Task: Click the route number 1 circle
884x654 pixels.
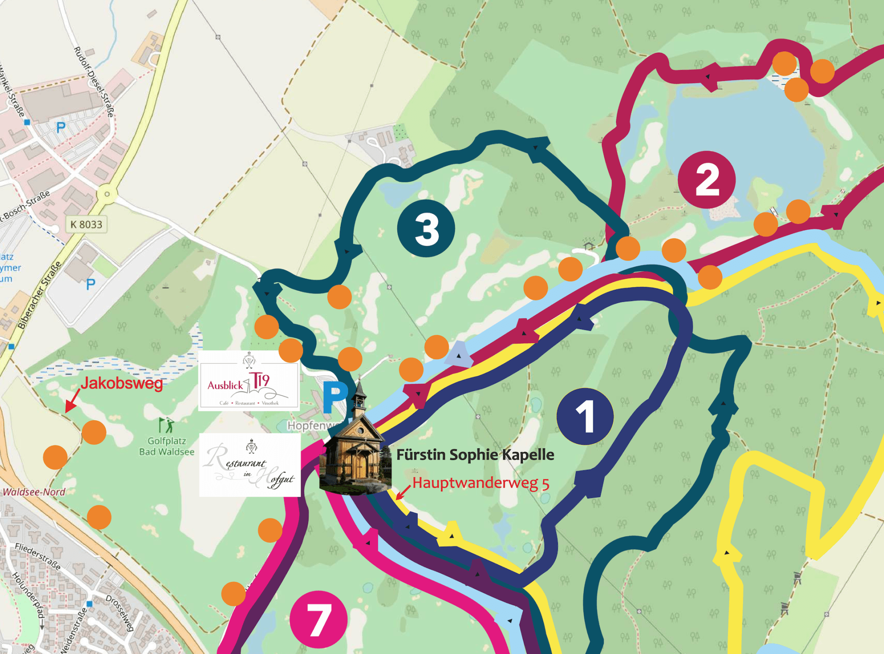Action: (585, 416)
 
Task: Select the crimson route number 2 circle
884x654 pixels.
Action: (707, 179)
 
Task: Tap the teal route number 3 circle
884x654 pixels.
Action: (426, 228)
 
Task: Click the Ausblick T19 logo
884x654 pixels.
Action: (249, 381)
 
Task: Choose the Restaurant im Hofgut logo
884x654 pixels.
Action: (250, 465)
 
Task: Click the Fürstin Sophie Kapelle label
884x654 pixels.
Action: (475, 455)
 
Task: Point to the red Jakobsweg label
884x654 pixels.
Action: (122, 384)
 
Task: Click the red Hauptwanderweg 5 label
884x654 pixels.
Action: (481, 483)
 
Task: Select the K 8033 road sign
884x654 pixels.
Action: (86, 224)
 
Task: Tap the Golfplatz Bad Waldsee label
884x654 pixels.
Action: (167, 447)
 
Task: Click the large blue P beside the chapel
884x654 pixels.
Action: (335, 397)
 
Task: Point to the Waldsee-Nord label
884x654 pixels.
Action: (34, 492)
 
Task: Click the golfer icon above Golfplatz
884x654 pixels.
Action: (167, 425)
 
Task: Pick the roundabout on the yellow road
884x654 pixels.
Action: (107, 194)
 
